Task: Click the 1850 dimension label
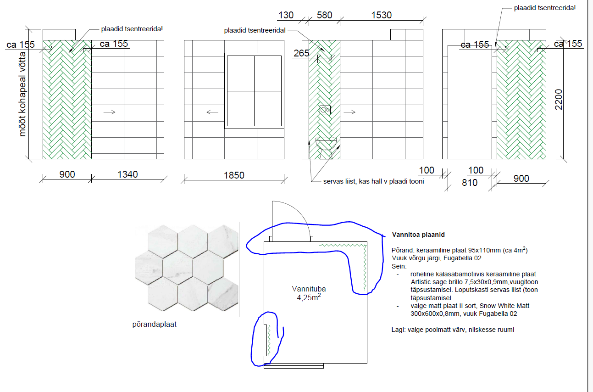234,175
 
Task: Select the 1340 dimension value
127,174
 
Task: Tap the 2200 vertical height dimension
559,100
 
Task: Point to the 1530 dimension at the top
381,15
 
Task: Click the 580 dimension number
325,15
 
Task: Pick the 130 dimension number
286,15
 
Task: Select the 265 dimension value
301,53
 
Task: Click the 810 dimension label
470,183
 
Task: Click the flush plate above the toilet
325,110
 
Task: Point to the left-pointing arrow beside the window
212,112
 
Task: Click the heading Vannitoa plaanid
418,235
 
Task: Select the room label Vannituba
309,289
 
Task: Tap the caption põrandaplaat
155,325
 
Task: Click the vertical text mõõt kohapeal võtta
22,95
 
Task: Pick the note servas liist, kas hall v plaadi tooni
373,181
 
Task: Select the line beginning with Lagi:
453,330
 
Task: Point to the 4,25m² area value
309,297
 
